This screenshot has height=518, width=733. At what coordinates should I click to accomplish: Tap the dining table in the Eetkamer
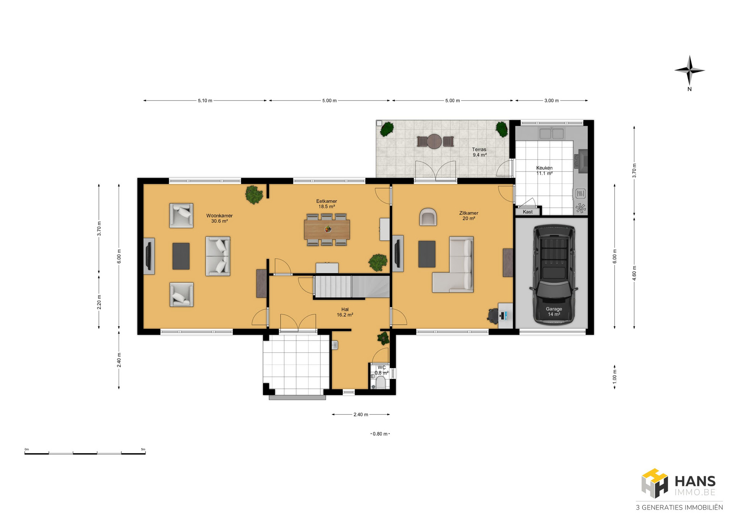tap(327, 229)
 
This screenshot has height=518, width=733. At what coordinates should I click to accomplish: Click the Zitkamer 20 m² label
tap(469, 216)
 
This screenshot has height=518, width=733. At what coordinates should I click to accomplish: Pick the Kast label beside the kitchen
tap(528, 212)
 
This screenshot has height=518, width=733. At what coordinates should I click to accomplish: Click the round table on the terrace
tap(434, 142)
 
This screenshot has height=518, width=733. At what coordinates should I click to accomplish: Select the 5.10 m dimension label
tap(205, 101)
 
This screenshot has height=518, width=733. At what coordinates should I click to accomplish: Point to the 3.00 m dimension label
tap(552, 101)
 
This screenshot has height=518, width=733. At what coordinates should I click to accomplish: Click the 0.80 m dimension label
tap(380, 434)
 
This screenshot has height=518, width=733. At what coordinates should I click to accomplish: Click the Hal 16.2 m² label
tap(345, 312)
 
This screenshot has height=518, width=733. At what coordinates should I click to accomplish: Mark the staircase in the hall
tap(352, 287)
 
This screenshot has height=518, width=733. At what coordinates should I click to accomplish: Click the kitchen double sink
tap(552, 134)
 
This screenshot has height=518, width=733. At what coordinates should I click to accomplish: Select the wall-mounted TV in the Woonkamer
tap(149, 256)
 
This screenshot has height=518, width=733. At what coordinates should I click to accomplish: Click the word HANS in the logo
tap(695, 481)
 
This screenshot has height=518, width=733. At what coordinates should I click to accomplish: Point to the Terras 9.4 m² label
tap(480, 152)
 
